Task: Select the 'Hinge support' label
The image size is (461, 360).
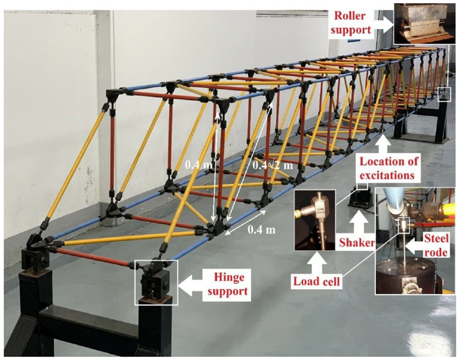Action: coord(228,284)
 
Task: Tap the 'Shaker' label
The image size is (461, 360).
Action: coord(356,242)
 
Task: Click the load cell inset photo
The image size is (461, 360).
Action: coord(315,220)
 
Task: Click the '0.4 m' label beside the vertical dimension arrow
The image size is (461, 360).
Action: coord(198,165)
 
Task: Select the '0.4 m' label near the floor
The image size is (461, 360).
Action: coord(261,229)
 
